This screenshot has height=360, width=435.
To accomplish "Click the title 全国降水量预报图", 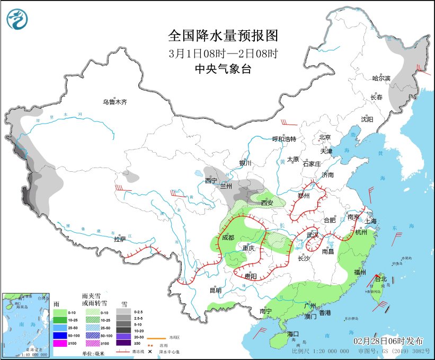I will [x=223, y=36].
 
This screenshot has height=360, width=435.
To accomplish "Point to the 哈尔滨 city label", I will [x=380, y=78].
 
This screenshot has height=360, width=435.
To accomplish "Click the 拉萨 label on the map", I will [x=120, y=239].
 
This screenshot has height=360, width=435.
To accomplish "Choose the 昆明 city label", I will [x=215, y=290].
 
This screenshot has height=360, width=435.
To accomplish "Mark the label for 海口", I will [x=293, y=333].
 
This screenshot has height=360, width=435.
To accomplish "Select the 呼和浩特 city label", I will [x=284, y=139].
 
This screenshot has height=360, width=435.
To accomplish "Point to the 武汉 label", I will [x=313, y=234].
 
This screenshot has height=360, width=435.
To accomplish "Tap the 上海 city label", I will [x=370, y=222].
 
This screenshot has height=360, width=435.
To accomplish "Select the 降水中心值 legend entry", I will [x=166, y=351].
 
